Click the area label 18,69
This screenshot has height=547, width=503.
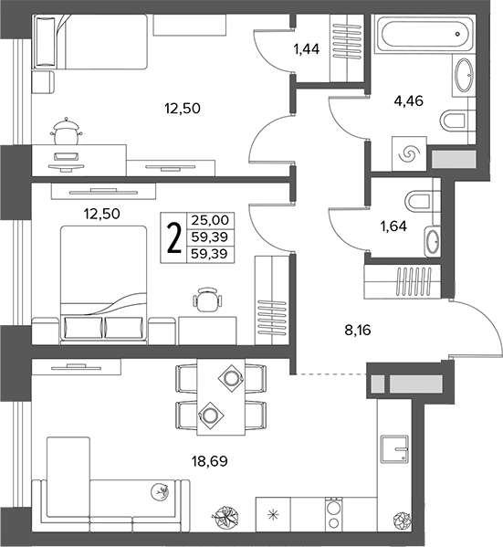[209, 461]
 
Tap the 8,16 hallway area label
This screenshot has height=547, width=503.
[358, 330]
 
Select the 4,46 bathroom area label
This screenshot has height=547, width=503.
[408, 100]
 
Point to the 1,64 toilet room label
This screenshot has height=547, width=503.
[393, 226]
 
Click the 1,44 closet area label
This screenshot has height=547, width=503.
[307, 49]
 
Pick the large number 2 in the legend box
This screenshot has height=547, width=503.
[174, 238]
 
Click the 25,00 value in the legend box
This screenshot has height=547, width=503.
[210, 220]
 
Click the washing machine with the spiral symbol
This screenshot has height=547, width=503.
[409, 153]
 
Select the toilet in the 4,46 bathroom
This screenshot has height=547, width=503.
[453, 121]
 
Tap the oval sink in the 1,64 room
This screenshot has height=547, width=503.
[433, 241]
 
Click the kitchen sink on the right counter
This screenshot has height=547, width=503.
[394, 449]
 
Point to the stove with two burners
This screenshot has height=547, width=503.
[334, 514]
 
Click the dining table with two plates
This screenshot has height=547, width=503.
[221, 397]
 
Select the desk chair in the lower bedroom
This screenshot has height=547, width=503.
[207, 299]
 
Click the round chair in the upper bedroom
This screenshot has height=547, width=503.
[67, 131]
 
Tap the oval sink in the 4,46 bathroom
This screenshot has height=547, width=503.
[464, 76]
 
